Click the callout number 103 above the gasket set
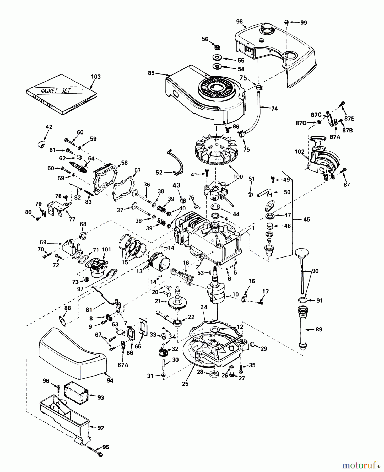(x=95, y=77)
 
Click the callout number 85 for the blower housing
(x=151, y=73)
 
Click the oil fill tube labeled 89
(x=304, y=328)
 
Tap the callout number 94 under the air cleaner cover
(x=110, y=380)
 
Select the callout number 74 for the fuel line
(x=274, y=108)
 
